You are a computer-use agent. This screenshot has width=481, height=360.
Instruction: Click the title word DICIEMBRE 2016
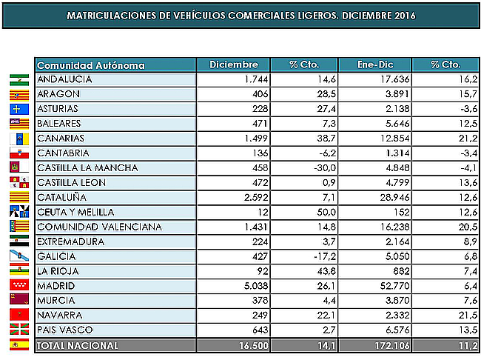[379, 16]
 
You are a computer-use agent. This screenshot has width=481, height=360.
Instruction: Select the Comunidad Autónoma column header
[90, 65]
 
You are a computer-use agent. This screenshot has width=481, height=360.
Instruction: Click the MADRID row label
[54, 285]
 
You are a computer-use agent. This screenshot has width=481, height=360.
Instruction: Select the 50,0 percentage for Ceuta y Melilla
[316, 213]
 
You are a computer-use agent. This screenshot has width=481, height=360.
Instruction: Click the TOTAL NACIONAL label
[77, 345]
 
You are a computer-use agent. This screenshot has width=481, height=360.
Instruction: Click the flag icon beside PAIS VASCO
[18, 330]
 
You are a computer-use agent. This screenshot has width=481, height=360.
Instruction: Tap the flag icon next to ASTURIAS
[18, 109]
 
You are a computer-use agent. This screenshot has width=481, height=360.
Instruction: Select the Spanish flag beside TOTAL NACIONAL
[18, 345]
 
